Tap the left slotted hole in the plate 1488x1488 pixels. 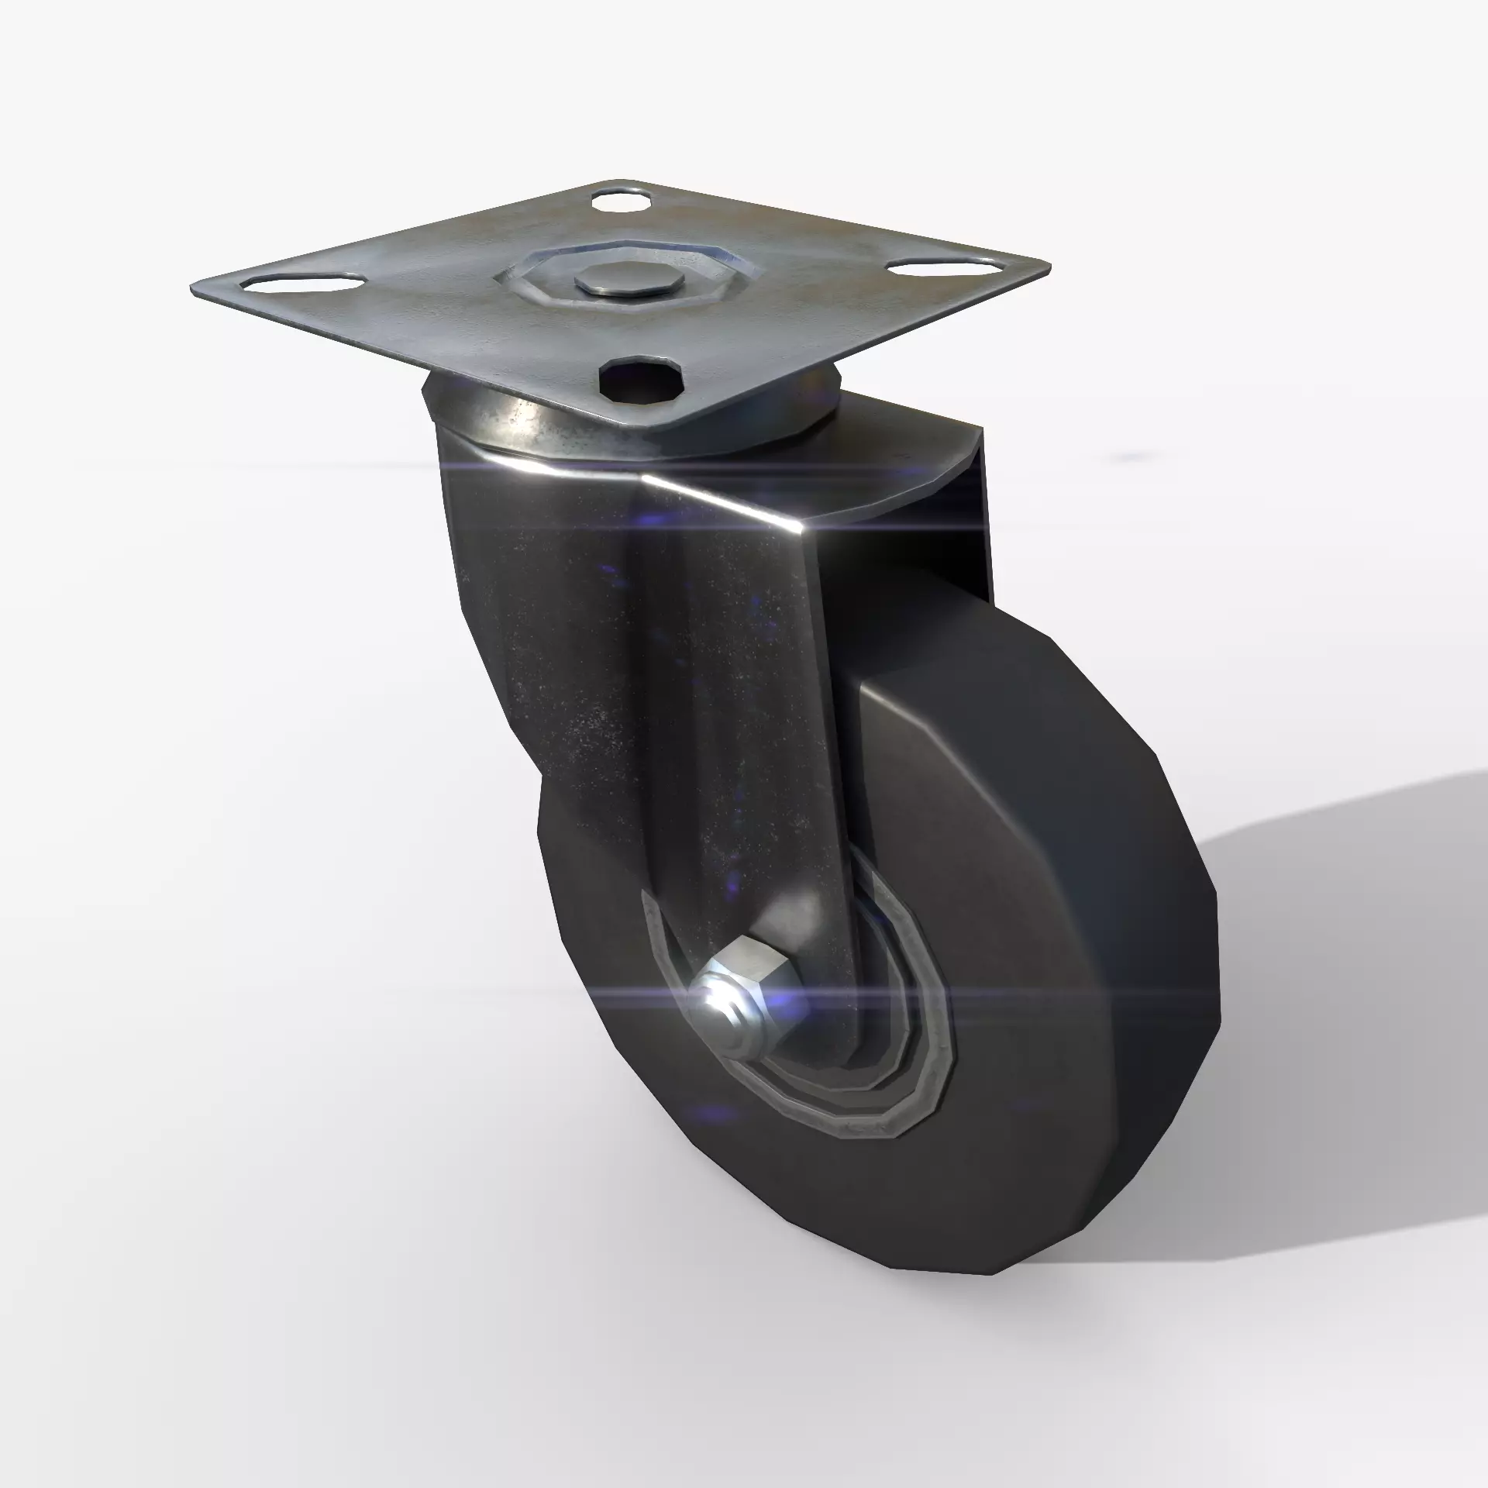[304, 283]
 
